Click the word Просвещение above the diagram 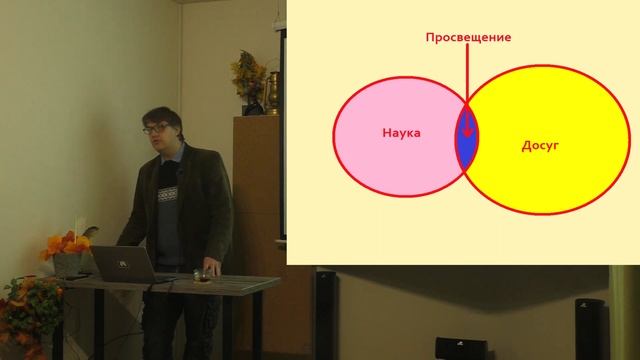coord(468,38)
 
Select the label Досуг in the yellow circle coord(539,145)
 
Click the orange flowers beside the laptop coord(66,244)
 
